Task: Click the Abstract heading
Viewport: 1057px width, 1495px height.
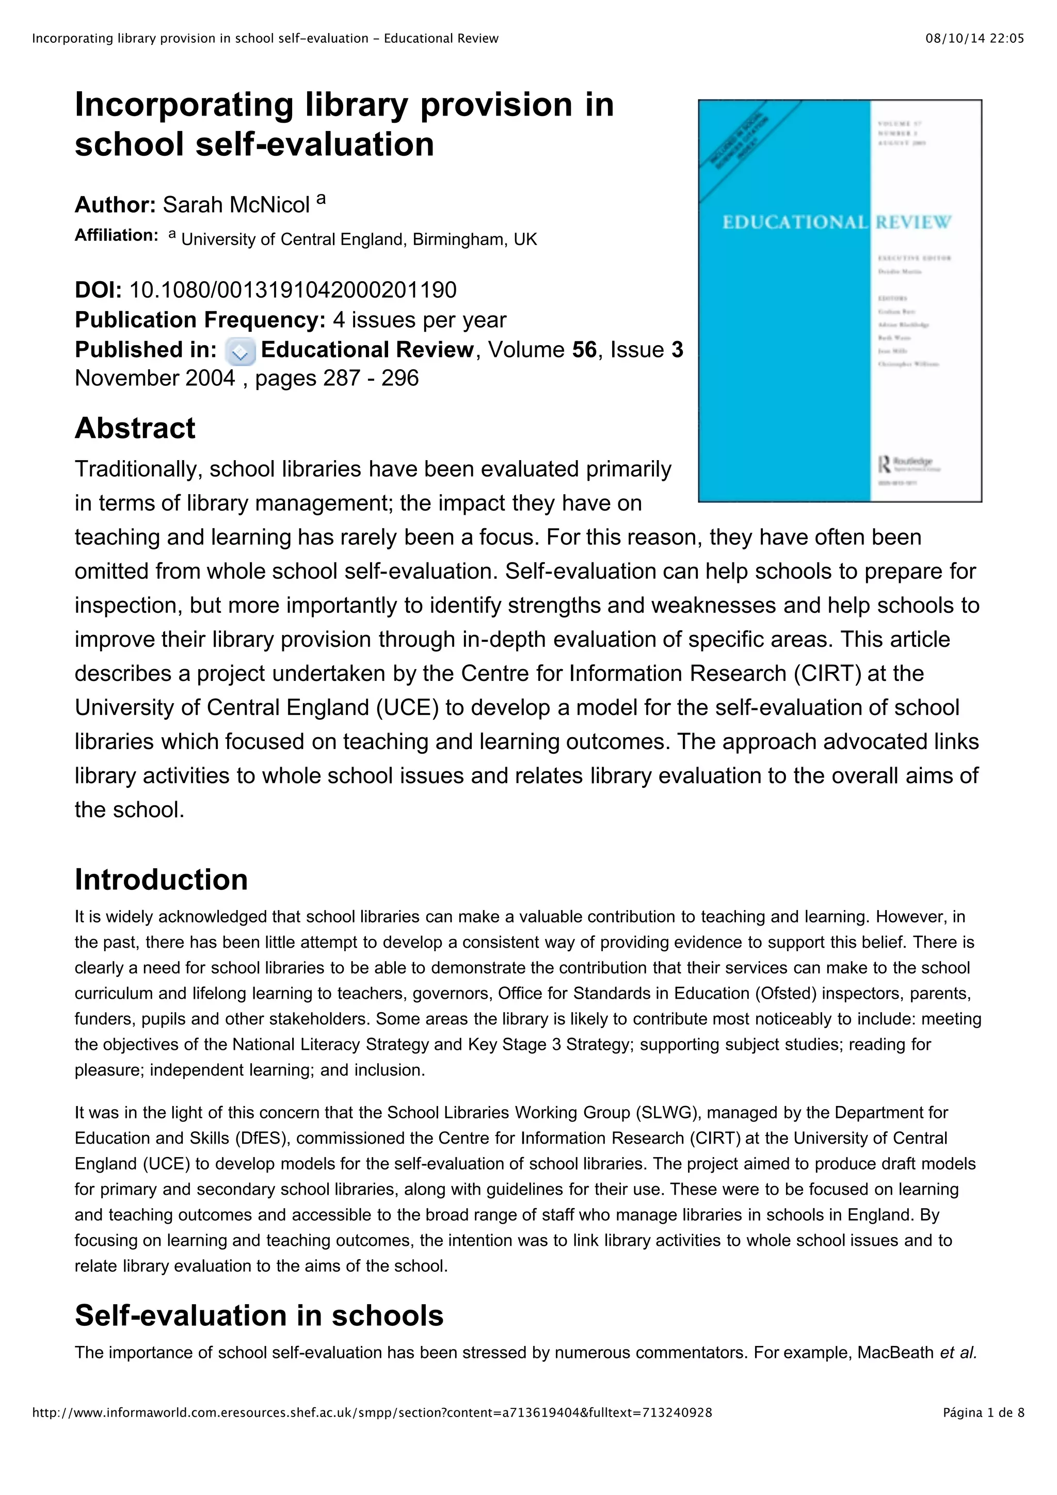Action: pyautogui.click(x=135, y=429)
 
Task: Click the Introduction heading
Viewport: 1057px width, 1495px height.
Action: pyautogui.click(x=161, y=880)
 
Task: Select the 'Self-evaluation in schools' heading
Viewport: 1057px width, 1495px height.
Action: pyautogui.click(x=259, y=1315)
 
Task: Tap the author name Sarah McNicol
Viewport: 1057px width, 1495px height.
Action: pyautogui.click(x=236, y=205)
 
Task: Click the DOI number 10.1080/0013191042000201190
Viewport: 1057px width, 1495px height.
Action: pyautogui.click(x=293, y=290)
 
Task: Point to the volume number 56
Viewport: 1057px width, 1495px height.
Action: pyautogui.click(x=584, y=350)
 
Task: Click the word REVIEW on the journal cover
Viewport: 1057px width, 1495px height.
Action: pyautogui.click(x=913, y=223)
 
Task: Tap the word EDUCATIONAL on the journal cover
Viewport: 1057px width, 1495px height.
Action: pyautogui.click(x=794, y=223)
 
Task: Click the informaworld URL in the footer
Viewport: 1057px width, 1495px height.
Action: pyautogui.click(x=371, y=1431)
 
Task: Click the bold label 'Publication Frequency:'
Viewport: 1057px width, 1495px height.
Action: pyautogui.click(x=200, y=320)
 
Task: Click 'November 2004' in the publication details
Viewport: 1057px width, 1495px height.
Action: pyautogui.click(x=154, y=378)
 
